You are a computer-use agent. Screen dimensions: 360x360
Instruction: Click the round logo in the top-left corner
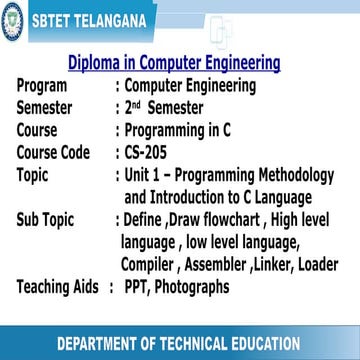click(12, 18)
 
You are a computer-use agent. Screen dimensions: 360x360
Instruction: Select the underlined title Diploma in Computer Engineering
click(173, 63)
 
